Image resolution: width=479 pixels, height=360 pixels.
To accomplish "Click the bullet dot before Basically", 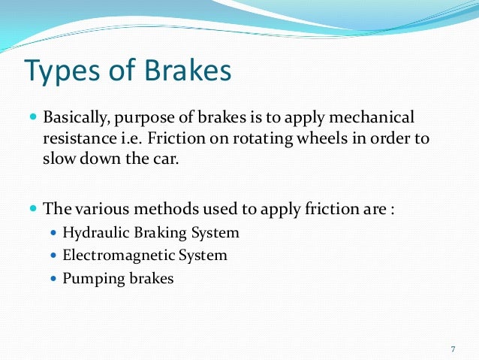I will (33, 119).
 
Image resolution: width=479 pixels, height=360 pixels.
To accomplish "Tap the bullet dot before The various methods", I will (33, 208).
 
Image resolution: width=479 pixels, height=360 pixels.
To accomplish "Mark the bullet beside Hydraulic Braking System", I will (53, 233).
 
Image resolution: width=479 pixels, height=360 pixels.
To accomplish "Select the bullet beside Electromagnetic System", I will (53, 256).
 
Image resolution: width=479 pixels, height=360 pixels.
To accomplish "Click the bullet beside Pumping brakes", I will (53, 279).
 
